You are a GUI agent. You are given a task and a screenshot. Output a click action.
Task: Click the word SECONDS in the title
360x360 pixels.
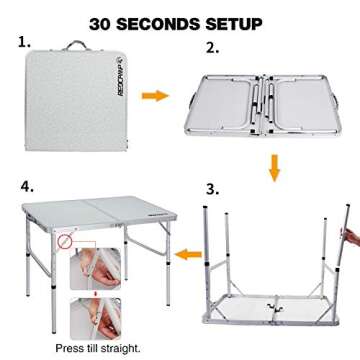point(173,22)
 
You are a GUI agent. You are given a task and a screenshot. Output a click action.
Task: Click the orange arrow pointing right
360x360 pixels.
point(153,95)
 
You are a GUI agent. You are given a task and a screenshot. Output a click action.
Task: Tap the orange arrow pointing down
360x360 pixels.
point(273,170)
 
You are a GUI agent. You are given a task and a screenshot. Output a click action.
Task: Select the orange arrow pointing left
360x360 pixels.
point(179,258)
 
